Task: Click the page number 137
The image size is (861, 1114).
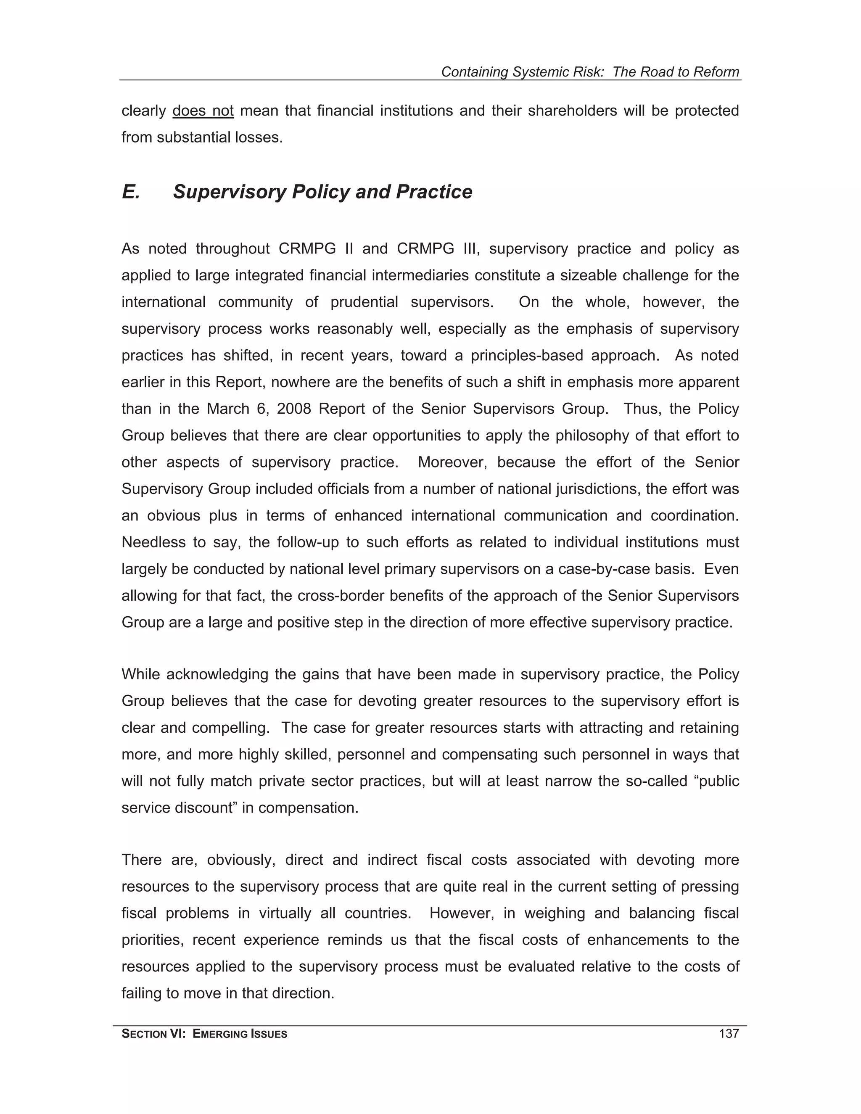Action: (x=729, y=1035)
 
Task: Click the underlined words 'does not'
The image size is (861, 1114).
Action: (x=203, y=111)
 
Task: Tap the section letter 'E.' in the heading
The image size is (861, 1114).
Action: (x=131, y=192)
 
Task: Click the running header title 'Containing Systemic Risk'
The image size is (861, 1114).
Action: (x=522, y=72)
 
